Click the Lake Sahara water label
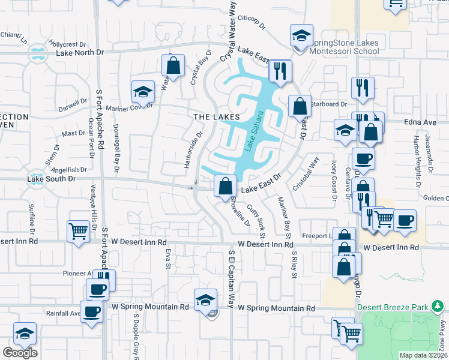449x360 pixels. tap(255, 130)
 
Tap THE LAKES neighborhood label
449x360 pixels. tap(216, 116)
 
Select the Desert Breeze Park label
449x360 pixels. tap(393, 307)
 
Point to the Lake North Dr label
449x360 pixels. tap(80, 53)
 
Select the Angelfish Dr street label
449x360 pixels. tap(70, 170)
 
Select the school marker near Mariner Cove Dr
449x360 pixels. tap(143, 92)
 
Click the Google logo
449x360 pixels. tap(20, 353)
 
